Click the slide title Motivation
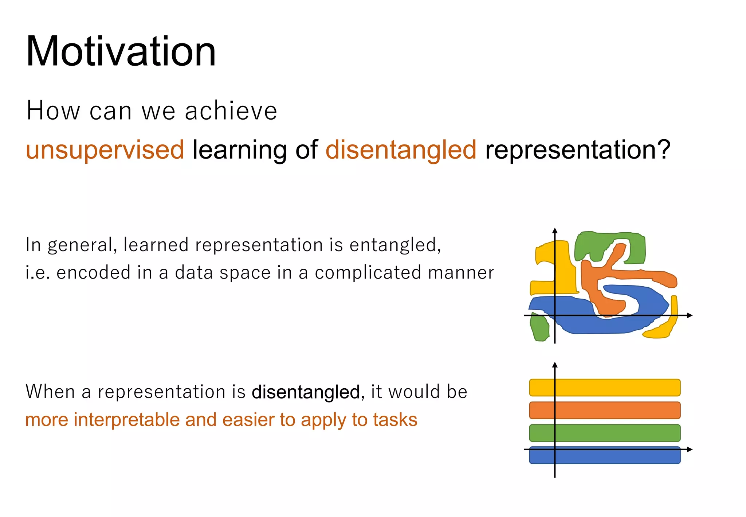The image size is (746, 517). pyautogui.click(x=121, y=51)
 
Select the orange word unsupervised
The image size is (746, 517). pyautogui.click(x=105, y=150)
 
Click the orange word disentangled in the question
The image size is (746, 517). pyautogui.click(x=401, y=150)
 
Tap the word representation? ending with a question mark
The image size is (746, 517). pyautogui.click(x=577, y=150)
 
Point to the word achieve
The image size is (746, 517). pyautogui.click(x=231, y=111)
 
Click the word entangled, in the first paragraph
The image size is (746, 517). pyautogui.click(x=395, y=245)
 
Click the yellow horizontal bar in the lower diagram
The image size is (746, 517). pyautogui.click(x=605, y=388)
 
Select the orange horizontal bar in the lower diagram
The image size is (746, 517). pyautogui.click(x=605, y=410)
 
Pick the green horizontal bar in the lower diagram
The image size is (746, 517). pyautogui.click(x=605, y=433)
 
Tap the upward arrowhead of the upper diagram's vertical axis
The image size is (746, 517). pyautogui.click(x=555, y=230)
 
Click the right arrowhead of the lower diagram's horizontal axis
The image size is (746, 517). pyautogui.click(x=689, y=450)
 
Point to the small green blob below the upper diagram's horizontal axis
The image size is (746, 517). pyautogui.click(x=539, y=327)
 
